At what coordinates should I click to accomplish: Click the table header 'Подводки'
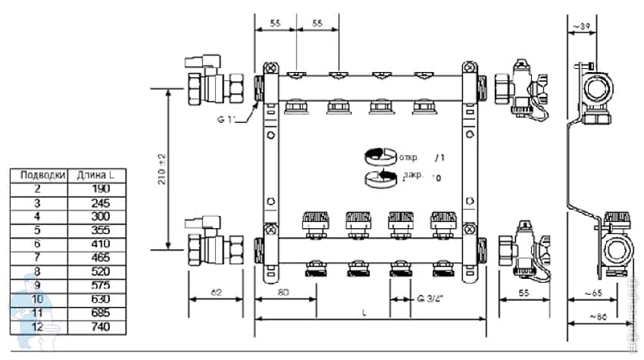(x=37, y=175)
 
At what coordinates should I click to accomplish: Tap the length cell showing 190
(x=99, y=189)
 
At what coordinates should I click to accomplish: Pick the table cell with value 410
(x=99, y=244)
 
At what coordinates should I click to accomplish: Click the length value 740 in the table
(x=99, y=327)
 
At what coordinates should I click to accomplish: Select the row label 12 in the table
(x=37, y=327)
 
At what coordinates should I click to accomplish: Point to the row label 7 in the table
(x=37, y=258)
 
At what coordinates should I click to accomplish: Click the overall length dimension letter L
(x=364, y=311)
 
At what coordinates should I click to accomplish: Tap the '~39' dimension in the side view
(x=582, y=26)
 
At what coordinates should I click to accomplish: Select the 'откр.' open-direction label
(x=410, y=158)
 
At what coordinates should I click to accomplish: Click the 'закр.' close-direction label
(x=413, y=176)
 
